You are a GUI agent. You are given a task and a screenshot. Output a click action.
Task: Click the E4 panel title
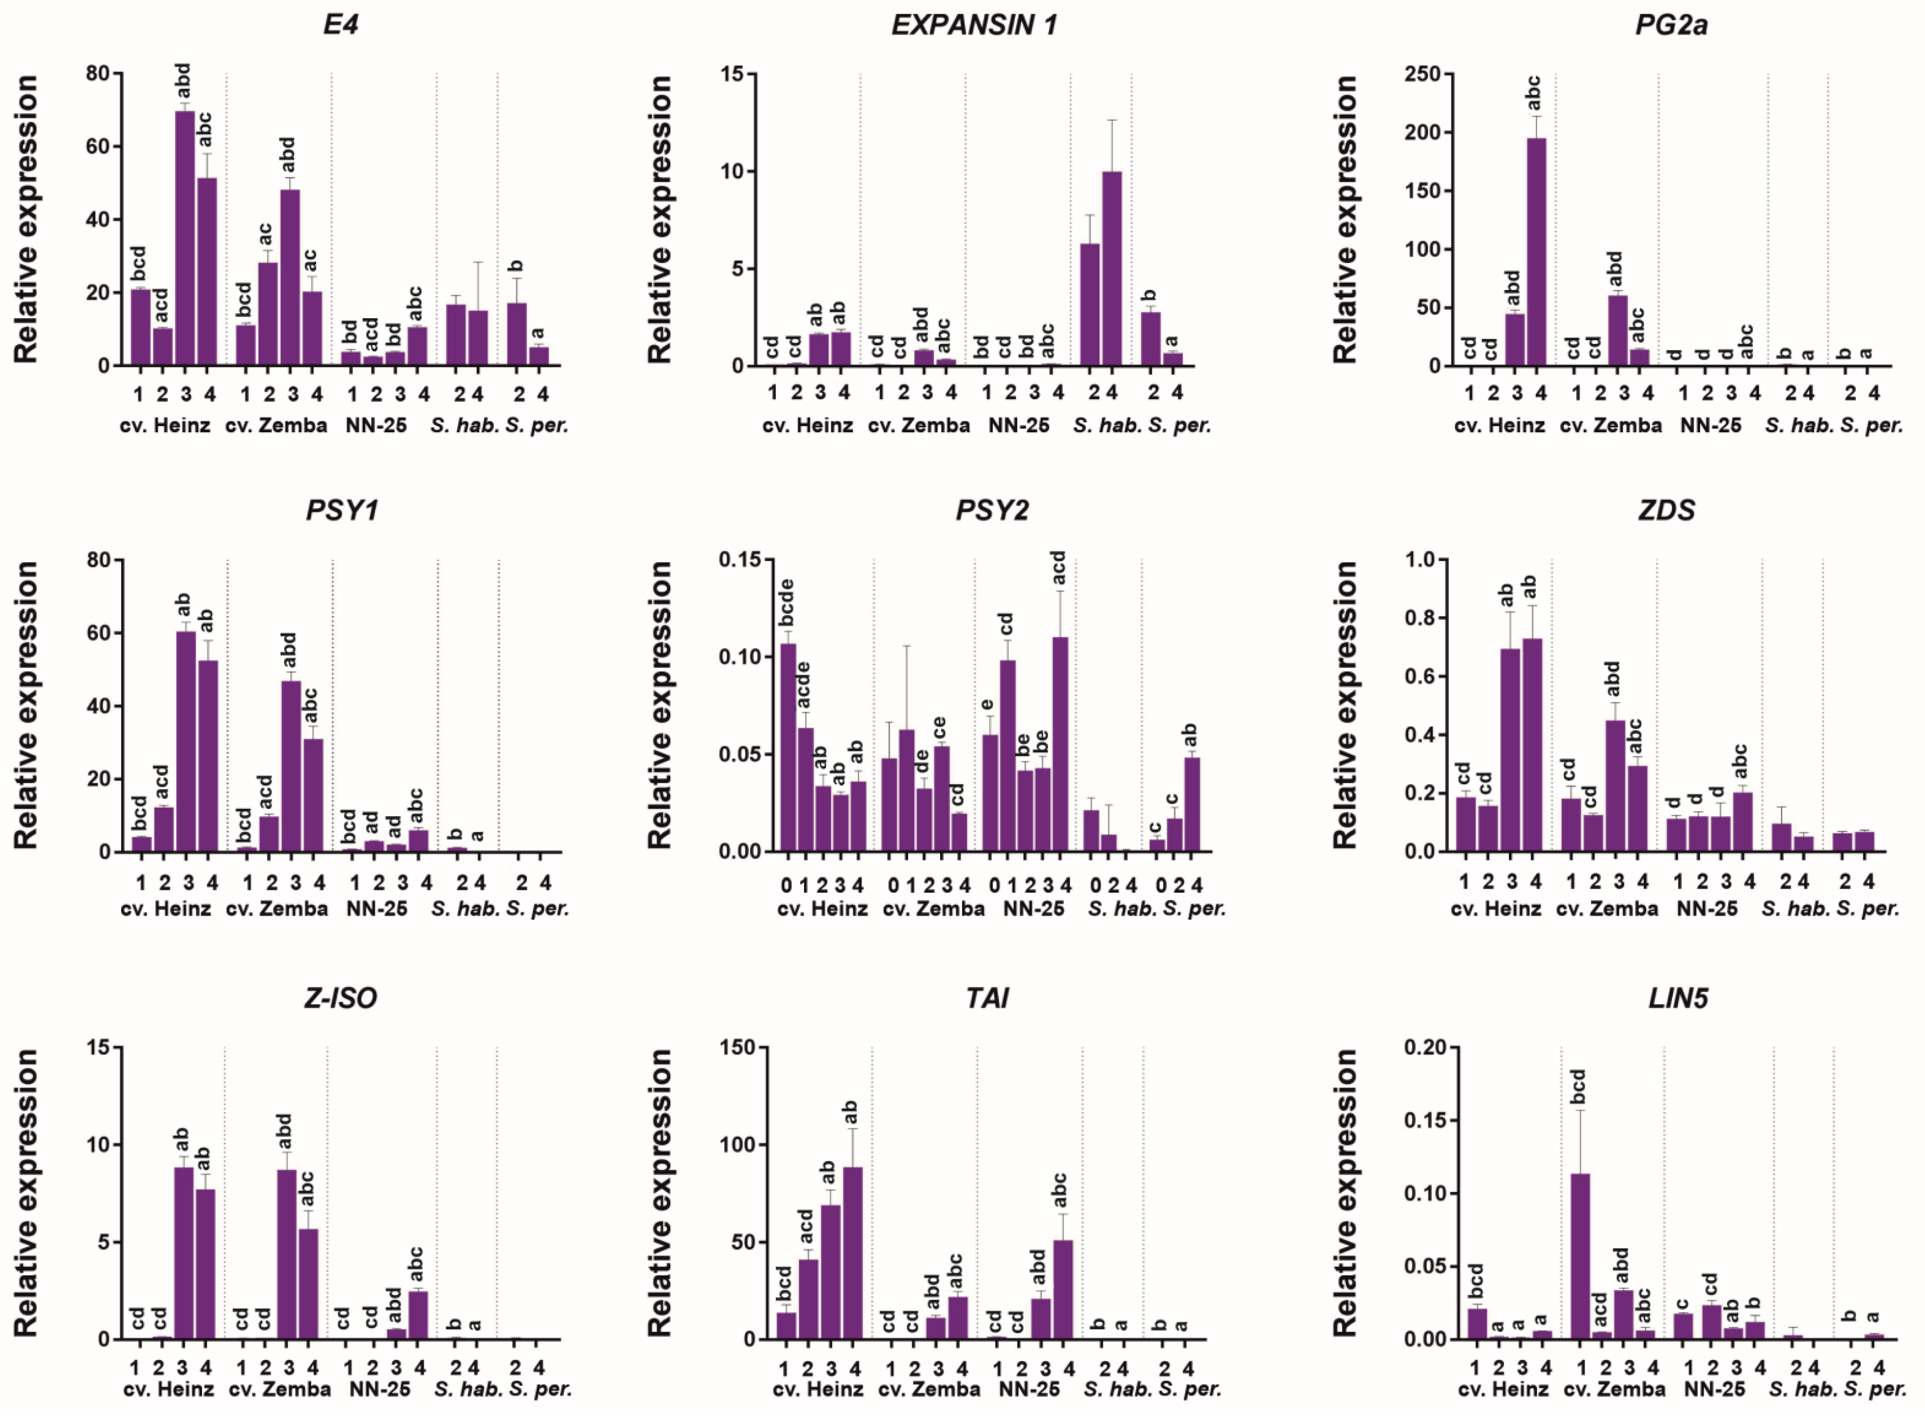(x=341, y=24)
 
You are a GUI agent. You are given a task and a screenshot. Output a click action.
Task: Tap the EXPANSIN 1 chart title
(x=974, y=25)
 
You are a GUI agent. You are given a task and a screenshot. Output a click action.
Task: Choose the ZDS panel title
(x=1666, y=511)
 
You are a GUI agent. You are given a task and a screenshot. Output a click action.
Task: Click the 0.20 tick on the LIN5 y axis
(x=1424, y=1047)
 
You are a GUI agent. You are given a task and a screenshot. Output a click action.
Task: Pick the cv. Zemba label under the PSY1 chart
(x=277, y=908)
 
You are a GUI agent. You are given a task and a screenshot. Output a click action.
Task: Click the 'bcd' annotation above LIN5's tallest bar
(x=1578, y=1087)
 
